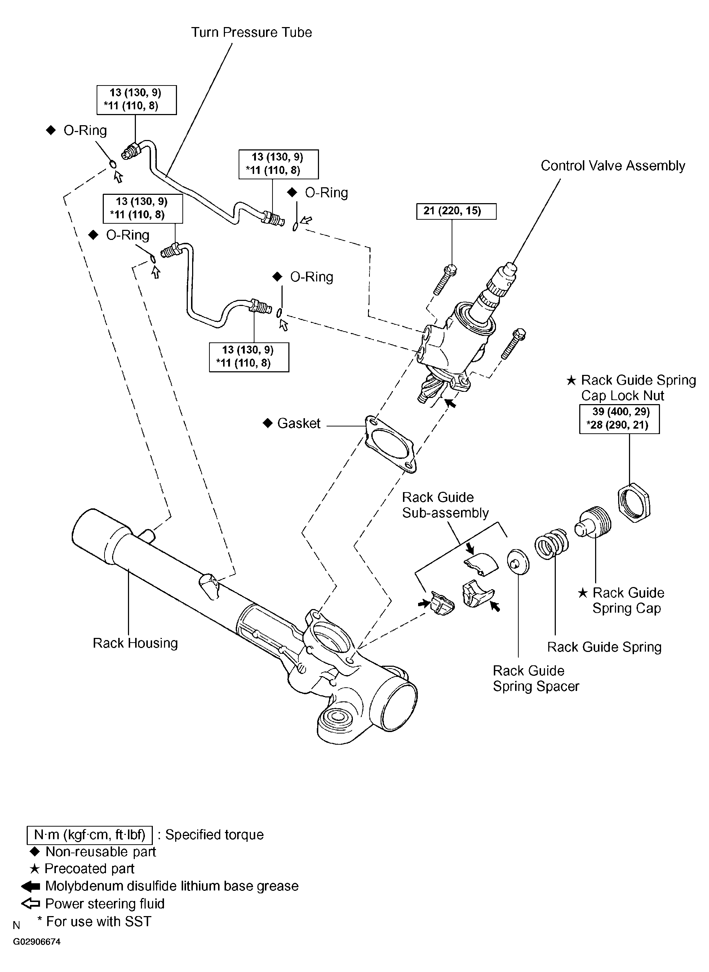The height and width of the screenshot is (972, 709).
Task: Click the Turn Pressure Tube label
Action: (x=252, y=32)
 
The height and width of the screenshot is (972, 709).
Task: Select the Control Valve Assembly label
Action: (x=612, y=166)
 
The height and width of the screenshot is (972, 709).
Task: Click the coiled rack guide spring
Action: (x=552, y=543)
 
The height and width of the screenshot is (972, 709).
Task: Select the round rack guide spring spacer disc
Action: (x=518, y=561)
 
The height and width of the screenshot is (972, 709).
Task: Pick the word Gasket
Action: (x=299, y=424)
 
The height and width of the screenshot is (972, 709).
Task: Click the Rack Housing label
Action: (x=135, y=643)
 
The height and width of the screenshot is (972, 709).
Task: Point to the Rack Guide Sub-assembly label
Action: (x=445, y=505)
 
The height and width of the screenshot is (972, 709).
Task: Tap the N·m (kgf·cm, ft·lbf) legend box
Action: (x=89, y=835)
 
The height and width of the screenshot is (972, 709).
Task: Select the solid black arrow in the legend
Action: (x=30, y=886)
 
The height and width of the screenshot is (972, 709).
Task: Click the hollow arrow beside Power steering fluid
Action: (x=30, y=904)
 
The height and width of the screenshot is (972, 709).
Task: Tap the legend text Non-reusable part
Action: (x=101, y=852)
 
